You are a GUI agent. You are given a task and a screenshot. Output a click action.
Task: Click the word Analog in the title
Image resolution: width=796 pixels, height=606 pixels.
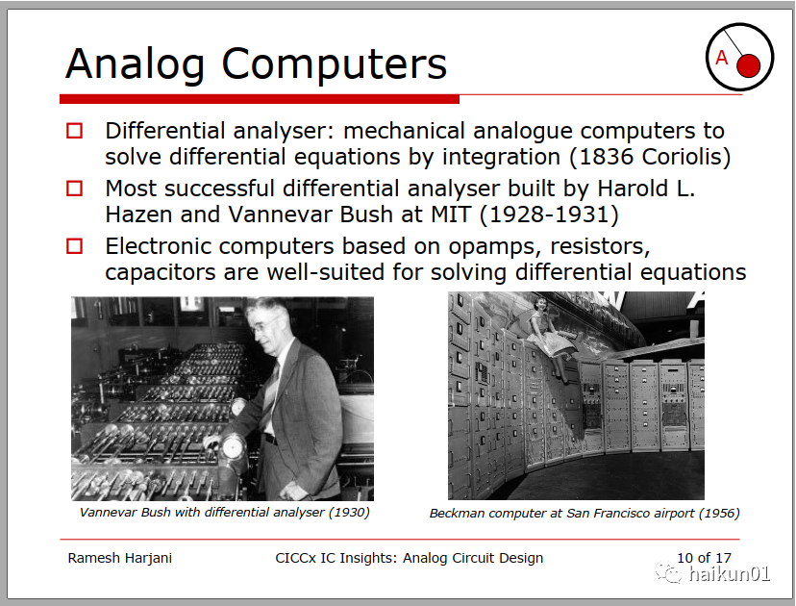coord(135,65)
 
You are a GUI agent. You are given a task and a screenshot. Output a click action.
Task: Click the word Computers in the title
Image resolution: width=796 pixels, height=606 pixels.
coord(334,63)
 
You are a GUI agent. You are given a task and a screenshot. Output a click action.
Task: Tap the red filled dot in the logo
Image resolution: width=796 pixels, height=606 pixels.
coord(748,65)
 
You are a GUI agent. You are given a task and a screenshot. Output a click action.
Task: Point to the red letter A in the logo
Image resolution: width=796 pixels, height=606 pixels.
coord(721,58)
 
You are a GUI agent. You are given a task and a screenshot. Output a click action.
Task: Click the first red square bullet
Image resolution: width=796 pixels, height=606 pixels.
coord(75,131)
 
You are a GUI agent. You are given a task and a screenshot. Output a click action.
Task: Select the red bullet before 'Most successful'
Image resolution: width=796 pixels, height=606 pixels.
coord(75,189)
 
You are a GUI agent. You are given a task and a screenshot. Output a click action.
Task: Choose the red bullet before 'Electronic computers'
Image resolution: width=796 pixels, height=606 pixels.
coord(75,246)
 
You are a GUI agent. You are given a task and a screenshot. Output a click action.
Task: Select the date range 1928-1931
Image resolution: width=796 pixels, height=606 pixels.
coord(549,215)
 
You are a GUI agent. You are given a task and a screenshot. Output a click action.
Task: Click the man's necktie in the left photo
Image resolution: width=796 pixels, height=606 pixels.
coord(271,393)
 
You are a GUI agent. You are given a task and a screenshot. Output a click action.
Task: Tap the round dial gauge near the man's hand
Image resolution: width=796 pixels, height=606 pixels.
coord(233,448)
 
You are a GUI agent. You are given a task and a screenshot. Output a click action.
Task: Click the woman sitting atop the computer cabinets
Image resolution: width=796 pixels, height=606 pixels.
coord(551,338)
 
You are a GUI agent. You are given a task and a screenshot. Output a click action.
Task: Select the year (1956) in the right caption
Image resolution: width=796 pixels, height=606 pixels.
coord(719,513)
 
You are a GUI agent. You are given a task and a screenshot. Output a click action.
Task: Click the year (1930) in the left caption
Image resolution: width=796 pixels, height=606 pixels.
coord(349,512)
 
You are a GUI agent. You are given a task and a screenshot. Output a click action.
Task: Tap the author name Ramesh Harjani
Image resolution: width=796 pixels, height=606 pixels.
coord(120,558)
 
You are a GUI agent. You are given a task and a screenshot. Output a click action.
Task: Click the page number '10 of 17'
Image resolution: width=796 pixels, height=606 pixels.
coord(704,558)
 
